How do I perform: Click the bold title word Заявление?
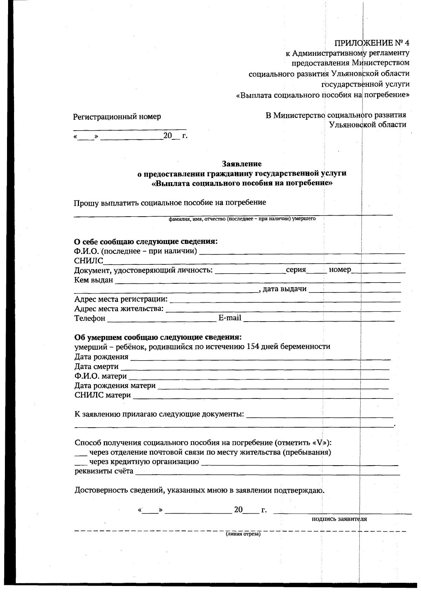coord(242,164)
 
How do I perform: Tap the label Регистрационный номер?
coord(117,117)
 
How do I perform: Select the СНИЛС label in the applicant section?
coord(88,261)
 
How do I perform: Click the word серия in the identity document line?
coord(296,270)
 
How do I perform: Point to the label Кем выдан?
coord(94,280)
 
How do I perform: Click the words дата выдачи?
coord(285,289)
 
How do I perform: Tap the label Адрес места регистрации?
coord(121,299)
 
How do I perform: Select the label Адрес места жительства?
coord(119,309)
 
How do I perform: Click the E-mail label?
coord(230,318)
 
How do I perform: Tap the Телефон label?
coord(90,318)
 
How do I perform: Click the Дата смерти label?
coord(96,367)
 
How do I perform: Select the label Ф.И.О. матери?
coord(100,376)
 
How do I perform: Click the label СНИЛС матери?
coord(102,395)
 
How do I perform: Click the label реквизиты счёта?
coord(104,472)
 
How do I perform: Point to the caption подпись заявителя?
coord(339,519)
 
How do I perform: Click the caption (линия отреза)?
coord(243,535)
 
